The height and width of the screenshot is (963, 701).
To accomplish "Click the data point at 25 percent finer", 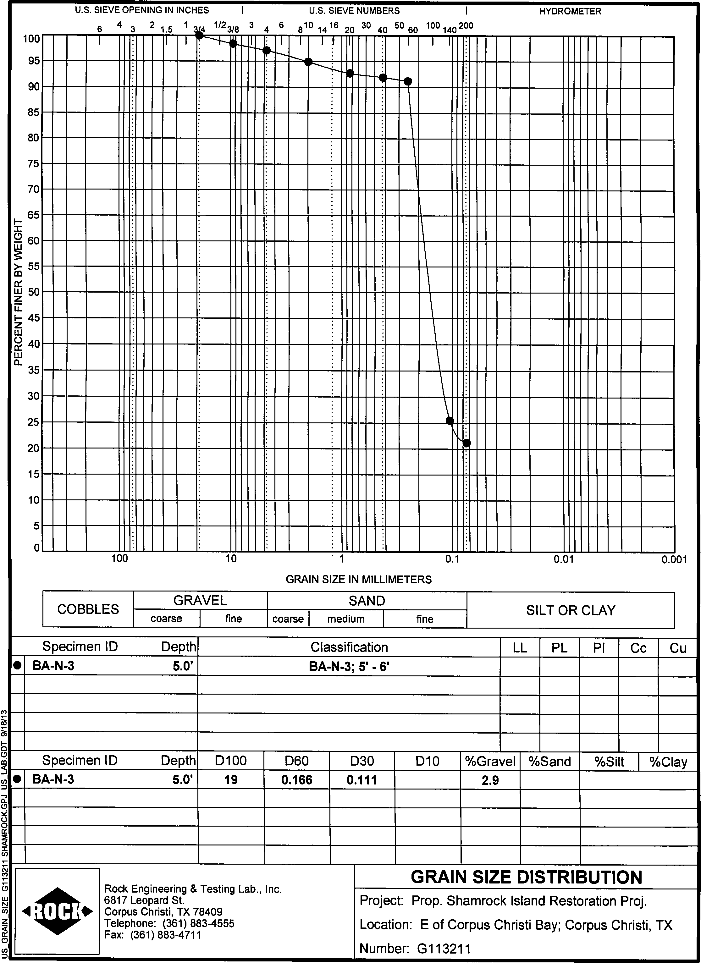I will pos(450,421).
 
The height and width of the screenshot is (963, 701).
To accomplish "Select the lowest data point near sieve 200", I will pos(466,443).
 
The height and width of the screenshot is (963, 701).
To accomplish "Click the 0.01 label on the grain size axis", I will pos(563,559).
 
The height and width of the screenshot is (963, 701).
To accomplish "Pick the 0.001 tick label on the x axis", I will pos(674,560).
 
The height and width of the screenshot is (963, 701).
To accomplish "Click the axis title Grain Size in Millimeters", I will pos(358,580).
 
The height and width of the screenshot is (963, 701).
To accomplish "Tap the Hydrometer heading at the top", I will pos(570,11).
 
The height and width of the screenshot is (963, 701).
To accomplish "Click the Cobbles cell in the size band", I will pos(88,609).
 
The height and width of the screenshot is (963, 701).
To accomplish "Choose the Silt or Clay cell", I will pos(570,610).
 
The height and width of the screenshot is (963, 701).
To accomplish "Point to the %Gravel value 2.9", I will pos(490,780).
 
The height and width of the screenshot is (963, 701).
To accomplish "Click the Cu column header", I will pos(678,648).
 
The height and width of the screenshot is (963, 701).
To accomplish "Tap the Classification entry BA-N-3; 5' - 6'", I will pos(349,667).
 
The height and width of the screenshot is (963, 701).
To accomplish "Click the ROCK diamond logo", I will pos(57,911).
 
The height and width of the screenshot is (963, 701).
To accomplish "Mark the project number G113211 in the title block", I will pos(444,949).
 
